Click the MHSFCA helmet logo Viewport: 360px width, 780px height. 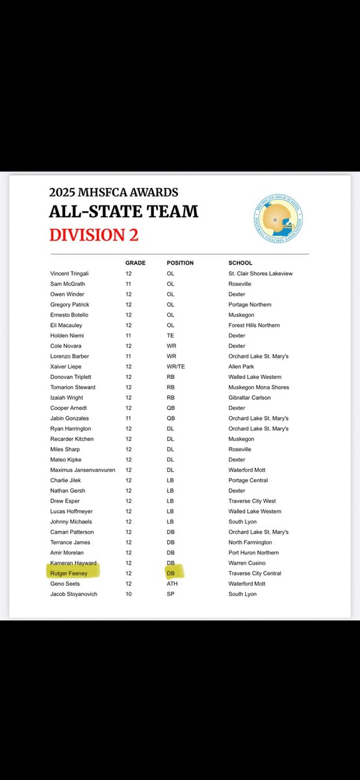[279, 218]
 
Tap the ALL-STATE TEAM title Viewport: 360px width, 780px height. [123, 211]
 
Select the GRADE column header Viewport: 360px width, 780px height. [135, 263]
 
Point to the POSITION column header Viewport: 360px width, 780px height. [180, 263]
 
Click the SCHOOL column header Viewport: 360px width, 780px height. [240, 263]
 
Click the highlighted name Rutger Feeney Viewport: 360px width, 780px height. [71, 573]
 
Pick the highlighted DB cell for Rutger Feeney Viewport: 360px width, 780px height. [172, 573]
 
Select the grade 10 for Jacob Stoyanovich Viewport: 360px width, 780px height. [129, 594]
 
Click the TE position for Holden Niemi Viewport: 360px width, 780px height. [171, 335]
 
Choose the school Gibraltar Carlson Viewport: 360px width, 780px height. [250, 398]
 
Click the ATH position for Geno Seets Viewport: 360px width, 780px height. [173, 584]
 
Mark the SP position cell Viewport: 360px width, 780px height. [171, 594]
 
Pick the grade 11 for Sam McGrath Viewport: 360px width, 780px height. [129, 284]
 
